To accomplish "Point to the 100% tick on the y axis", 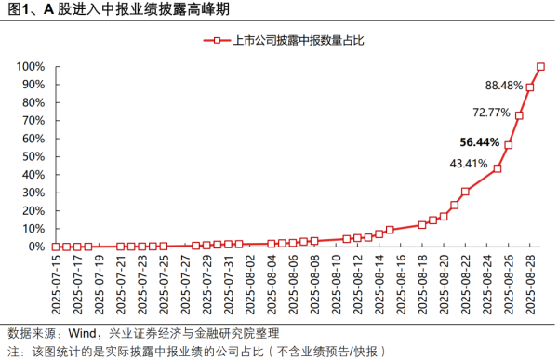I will (x=30, y=67).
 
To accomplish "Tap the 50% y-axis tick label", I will (x=33, y=157).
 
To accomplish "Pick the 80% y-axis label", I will (x=33, y=103).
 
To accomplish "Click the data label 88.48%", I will (x=504, y=86).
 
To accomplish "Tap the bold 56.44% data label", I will (x=480, y=142).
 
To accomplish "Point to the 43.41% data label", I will (x=469, y=164).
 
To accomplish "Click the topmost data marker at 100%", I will (x=540, y=67).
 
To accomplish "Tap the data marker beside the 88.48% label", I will (x=530, y=87).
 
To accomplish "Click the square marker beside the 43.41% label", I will (x=498, y=168).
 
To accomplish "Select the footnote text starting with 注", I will (x=195, y=351).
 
